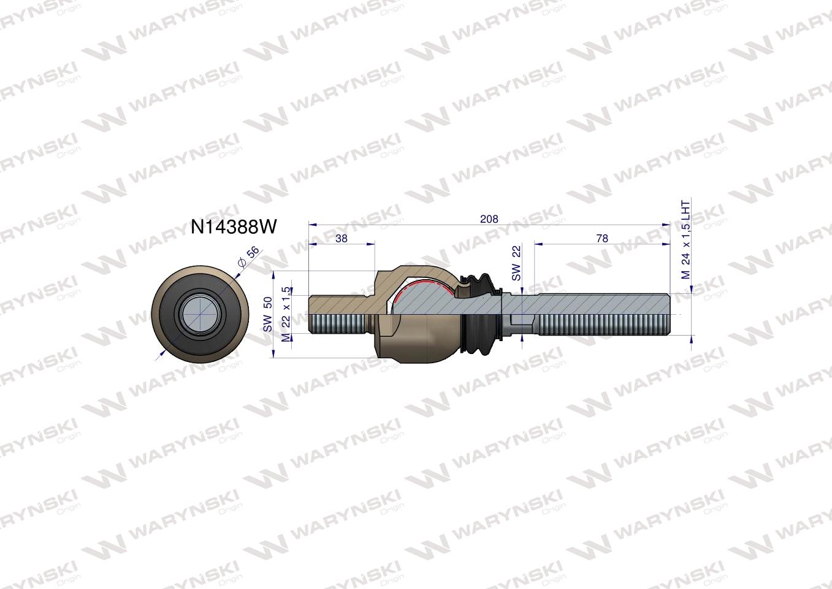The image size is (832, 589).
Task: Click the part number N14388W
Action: click(234, 227)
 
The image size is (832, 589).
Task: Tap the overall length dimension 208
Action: click(489, 218)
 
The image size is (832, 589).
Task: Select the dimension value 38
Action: click(342, 238)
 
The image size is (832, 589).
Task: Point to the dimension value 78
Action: click(602, 238)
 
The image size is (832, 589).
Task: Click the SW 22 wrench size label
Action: click(516, 264)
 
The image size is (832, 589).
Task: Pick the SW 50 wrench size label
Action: click(268, 314)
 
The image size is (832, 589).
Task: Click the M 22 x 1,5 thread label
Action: click(285, 314)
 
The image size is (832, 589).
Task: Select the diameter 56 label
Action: click(249, 257)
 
